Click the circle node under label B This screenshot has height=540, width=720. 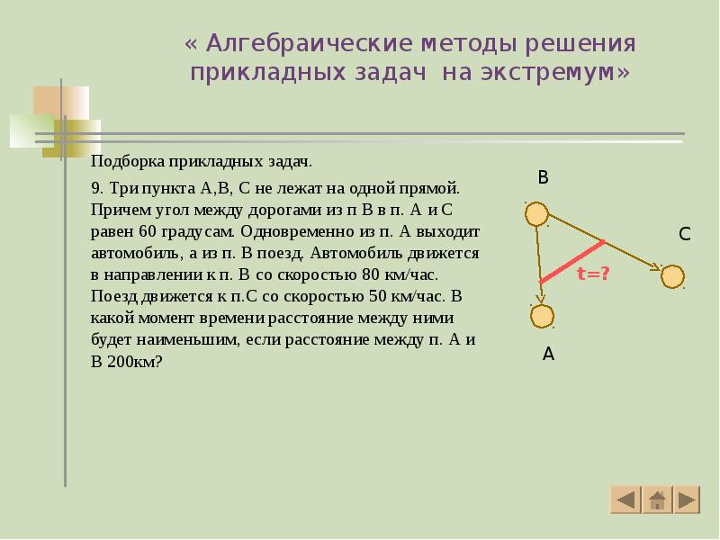(535, 214)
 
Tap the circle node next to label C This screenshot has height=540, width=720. (672, 276)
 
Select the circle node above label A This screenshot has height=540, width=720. (542, 316)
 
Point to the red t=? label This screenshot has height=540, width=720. (593, 273)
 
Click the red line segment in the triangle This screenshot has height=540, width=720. (571, 262)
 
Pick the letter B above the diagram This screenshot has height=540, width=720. (543, 178)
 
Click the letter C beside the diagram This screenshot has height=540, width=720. (684, 235)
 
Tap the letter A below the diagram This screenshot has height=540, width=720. (548, 355)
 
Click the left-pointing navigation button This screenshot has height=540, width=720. (625, 499)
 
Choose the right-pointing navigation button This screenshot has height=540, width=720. (687, 499)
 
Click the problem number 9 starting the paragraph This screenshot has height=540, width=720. (96, 189)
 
